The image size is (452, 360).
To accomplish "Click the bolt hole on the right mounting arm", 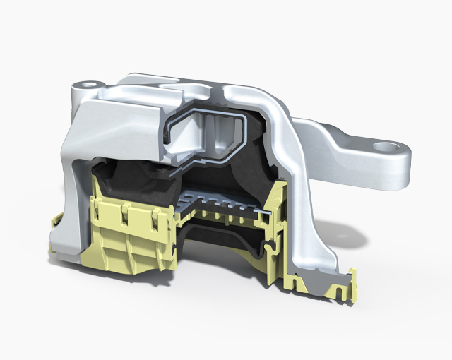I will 386,148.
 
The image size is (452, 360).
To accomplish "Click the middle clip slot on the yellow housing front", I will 125,215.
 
